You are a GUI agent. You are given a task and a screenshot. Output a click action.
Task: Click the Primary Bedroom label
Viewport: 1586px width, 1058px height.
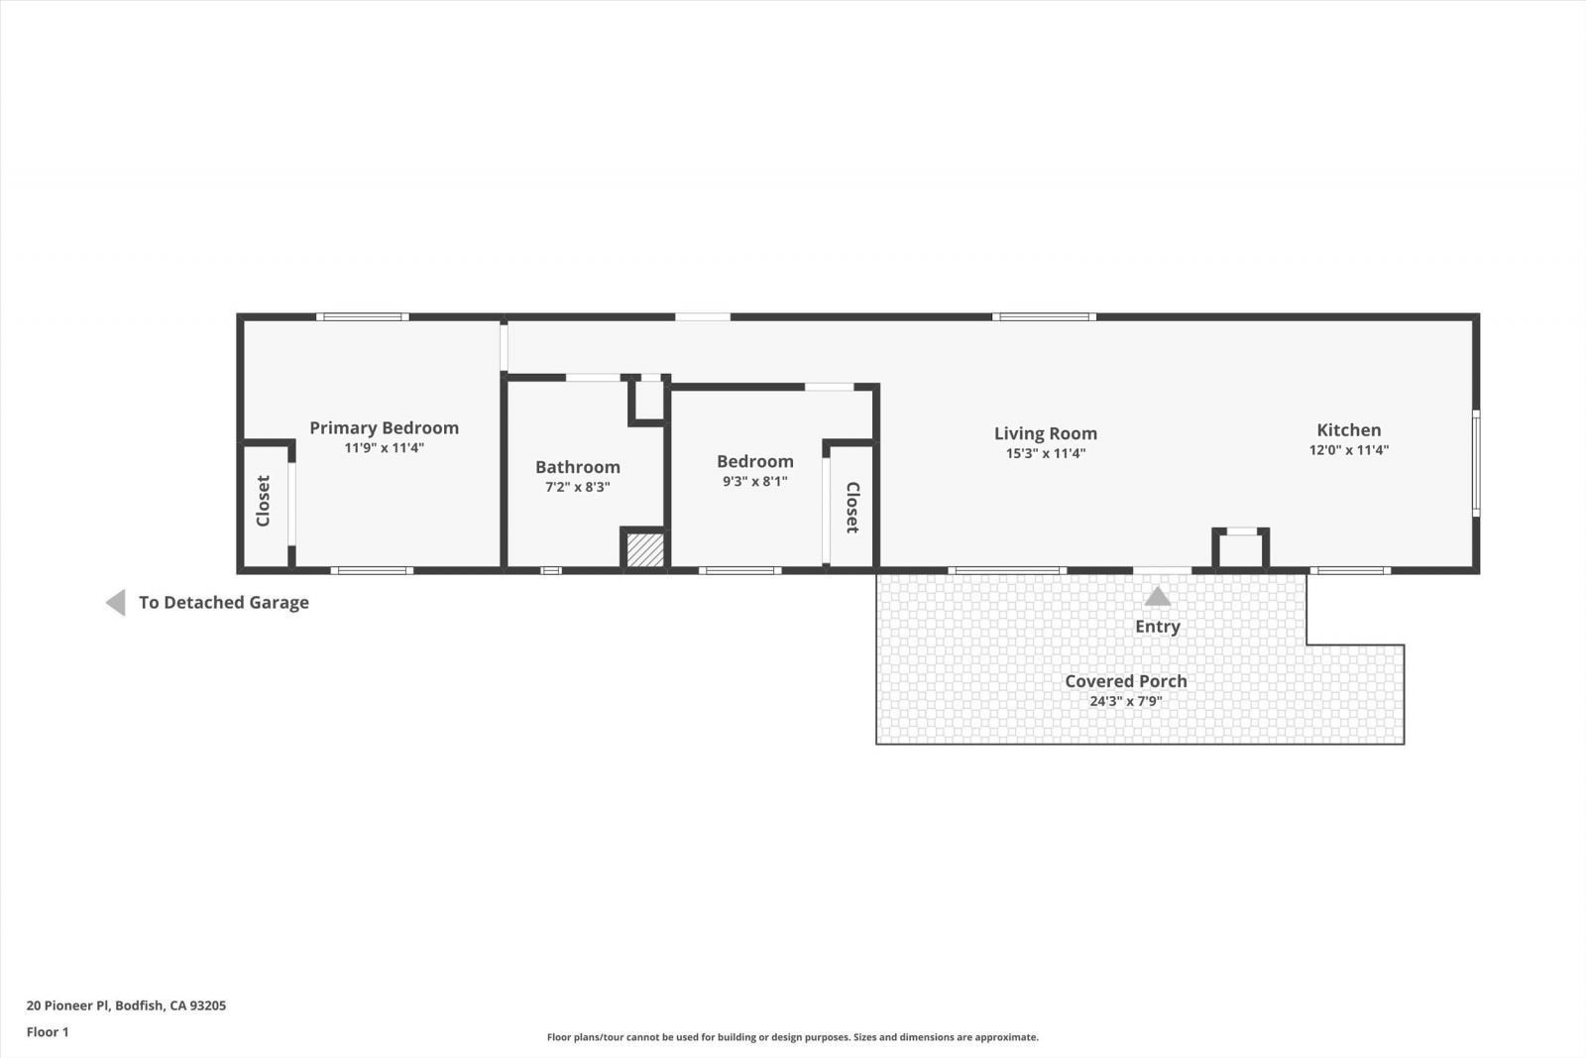[384, 427]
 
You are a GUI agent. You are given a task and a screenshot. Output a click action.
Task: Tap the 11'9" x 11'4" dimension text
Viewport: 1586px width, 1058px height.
[384, 448]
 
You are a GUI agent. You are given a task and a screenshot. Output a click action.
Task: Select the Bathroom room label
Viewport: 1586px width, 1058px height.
[577, 467]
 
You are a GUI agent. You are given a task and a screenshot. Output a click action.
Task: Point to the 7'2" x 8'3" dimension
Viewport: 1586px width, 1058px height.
[577, 487]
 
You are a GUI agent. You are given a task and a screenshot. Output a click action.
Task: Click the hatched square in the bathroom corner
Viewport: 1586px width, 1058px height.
[645, 550]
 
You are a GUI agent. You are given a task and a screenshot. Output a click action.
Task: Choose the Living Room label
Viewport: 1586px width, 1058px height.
[1045, 433]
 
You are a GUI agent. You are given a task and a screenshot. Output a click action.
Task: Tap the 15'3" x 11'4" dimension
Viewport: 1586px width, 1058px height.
[1045, 454]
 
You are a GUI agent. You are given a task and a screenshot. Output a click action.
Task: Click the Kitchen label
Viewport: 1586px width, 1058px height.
[1348, 429]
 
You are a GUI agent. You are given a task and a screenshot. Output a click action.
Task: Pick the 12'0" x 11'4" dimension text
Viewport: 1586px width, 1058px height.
[1348, 450]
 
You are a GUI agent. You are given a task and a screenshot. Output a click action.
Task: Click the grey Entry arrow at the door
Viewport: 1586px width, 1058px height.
[1157, 596]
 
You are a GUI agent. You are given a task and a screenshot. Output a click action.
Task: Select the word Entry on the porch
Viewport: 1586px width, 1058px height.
[1157, 627]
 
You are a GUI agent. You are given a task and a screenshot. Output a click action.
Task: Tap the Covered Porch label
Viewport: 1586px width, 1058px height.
[1125, 681]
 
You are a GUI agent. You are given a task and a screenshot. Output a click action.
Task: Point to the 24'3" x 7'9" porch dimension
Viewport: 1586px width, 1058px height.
[1125, 701]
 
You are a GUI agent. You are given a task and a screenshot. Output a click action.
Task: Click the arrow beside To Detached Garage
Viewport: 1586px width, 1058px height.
[116, 603]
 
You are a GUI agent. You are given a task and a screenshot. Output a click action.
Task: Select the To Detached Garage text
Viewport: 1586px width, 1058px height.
[223, 603]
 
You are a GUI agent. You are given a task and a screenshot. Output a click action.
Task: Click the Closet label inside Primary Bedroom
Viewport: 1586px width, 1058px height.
[263, 501]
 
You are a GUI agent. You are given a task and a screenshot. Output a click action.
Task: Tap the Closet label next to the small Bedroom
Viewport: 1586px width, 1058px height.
[851, 508]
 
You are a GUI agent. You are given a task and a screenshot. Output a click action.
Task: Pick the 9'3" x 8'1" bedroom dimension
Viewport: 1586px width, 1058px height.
[754, 482]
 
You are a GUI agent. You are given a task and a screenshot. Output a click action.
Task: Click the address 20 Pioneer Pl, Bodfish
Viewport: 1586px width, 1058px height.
[126, 1005]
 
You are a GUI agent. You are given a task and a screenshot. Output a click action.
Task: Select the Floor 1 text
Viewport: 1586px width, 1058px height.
[48, 1032]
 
